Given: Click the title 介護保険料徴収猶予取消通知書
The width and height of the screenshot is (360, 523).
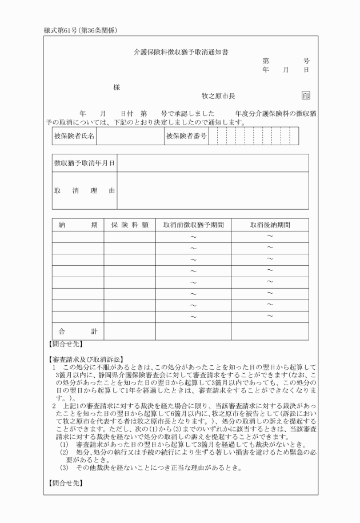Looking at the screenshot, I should pyautogui.click(x=181, y=51).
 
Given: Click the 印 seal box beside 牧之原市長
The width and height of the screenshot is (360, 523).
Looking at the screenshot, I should pyautogui.click(x=306, y=96).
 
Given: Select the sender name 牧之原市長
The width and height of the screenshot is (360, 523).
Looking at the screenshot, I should pyautogui.click(x=218, y=97).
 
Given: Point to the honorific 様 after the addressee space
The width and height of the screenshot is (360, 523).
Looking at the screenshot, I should pyautogui.click(x=117, y=87).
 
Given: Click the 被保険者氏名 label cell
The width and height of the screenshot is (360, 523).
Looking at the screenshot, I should pyautogui.click(x=74, y=136).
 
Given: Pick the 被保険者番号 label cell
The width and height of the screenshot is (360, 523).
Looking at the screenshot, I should pyautogui.click(x=186, y=136).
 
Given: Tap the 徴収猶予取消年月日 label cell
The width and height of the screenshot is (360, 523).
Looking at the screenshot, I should pyautogui.click(x=84, y=163).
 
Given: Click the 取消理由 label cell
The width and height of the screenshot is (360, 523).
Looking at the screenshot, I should pyautogui.click(x=84, y=190).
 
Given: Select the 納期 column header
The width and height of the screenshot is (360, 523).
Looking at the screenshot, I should pyautogui.click(x=78, y=225).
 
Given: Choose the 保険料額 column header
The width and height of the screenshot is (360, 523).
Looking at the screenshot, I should pyautogui.click(x=130, y=225).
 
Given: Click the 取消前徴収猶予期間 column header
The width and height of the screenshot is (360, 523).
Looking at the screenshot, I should pyautogui.click(x=193, y=225).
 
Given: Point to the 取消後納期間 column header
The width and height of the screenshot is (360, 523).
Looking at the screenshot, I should pyautogui.click(x=270, y=225).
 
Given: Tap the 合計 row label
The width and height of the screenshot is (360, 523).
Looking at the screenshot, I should pyautogui.click(x=78, y=332).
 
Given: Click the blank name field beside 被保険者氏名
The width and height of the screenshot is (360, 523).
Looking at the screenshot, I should pyautogui.click(x=129, y=136).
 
